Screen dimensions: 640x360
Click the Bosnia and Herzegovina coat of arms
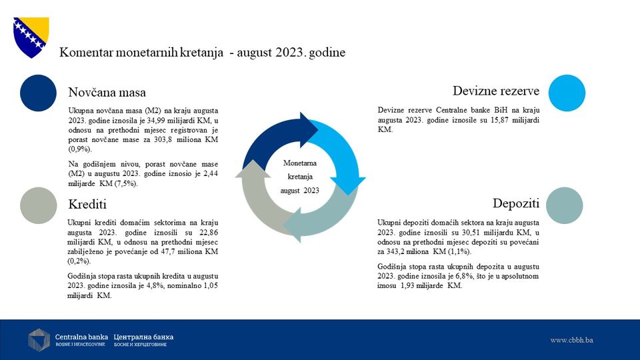tap(31, 37)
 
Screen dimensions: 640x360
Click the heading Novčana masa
tap(107, 92)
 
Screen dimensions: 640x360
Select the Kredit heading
tap(87, 204)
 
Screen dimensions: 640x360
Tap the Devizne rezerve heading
tap(496, 91)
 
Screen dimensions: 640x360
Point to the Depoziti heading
tap(516, 203)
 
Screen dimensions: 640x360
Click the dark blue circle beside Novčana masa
tap(39, 93)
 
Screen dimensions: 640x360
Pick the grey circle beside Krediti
tap(39, 205)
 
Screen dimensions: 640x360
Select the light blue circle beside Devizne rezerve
tap(567, 93)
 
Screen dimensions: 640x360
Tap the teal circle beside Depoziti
tap(565, 205)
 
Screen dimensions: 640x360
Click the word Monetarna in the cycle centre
tap(300, 163)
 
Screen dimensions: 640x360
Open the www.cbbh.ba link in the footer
tap(571, 340)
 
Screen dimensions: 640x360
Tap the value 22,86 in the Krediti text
tap(209, 232)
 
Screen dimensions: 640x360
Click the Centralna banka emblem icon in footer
tap(39, 340)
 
